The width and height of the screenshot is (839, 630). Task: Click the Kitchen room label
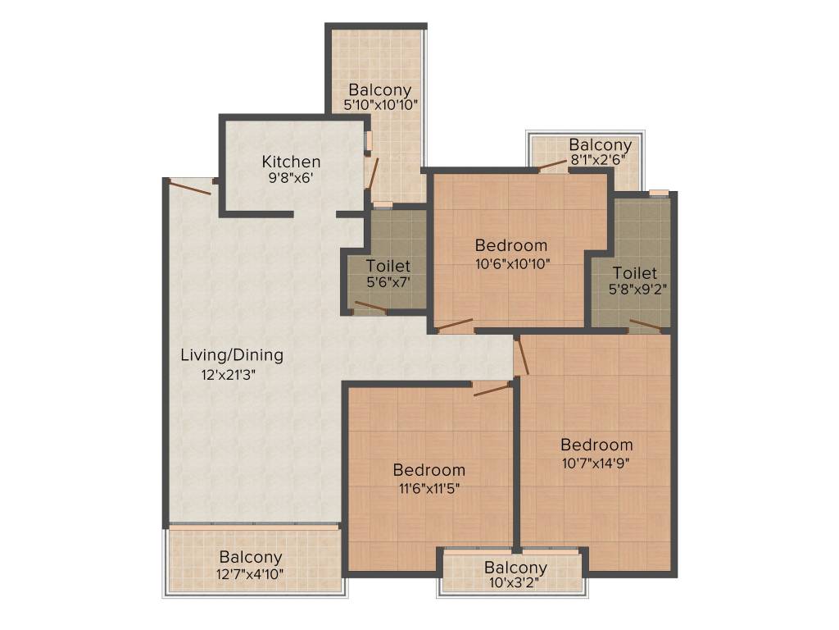coord(291,162)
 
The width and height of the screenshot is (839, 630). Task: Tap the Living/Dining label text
coord(232,355)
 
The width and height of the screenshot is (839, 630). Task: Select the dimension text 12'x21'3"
coord(232,375)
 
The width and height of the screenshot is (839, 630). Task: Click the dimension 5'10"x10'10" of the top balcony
coord(380,105)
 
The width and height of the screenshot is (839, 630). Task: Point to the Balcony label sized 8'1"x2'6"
coord(601,145)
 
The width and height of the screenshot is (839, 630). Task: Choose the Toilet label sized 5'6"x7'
coord(388,267)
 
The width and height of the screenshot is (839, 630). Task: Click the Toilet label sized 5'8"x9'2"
coord(634,272)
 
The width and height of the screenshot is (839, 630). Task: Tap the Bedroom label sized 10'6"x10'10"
coord(511,244)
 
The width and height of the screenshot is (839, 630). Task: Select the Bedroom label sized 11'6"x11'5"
coord(429,470)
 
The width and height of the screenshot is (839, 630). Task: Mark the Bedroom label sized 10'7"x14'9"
coord(596,445)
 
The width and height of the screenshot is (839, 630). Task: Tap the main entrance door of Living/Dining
coord(192,188)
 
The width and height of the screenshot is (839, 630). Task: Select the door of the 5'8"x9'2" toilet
coord(645,326)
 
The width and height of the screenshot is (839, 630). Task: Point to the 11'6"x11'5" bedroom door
coord(492,389)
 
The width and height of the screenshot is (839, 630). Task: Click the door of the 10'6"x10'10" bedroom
coord(455,325)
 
